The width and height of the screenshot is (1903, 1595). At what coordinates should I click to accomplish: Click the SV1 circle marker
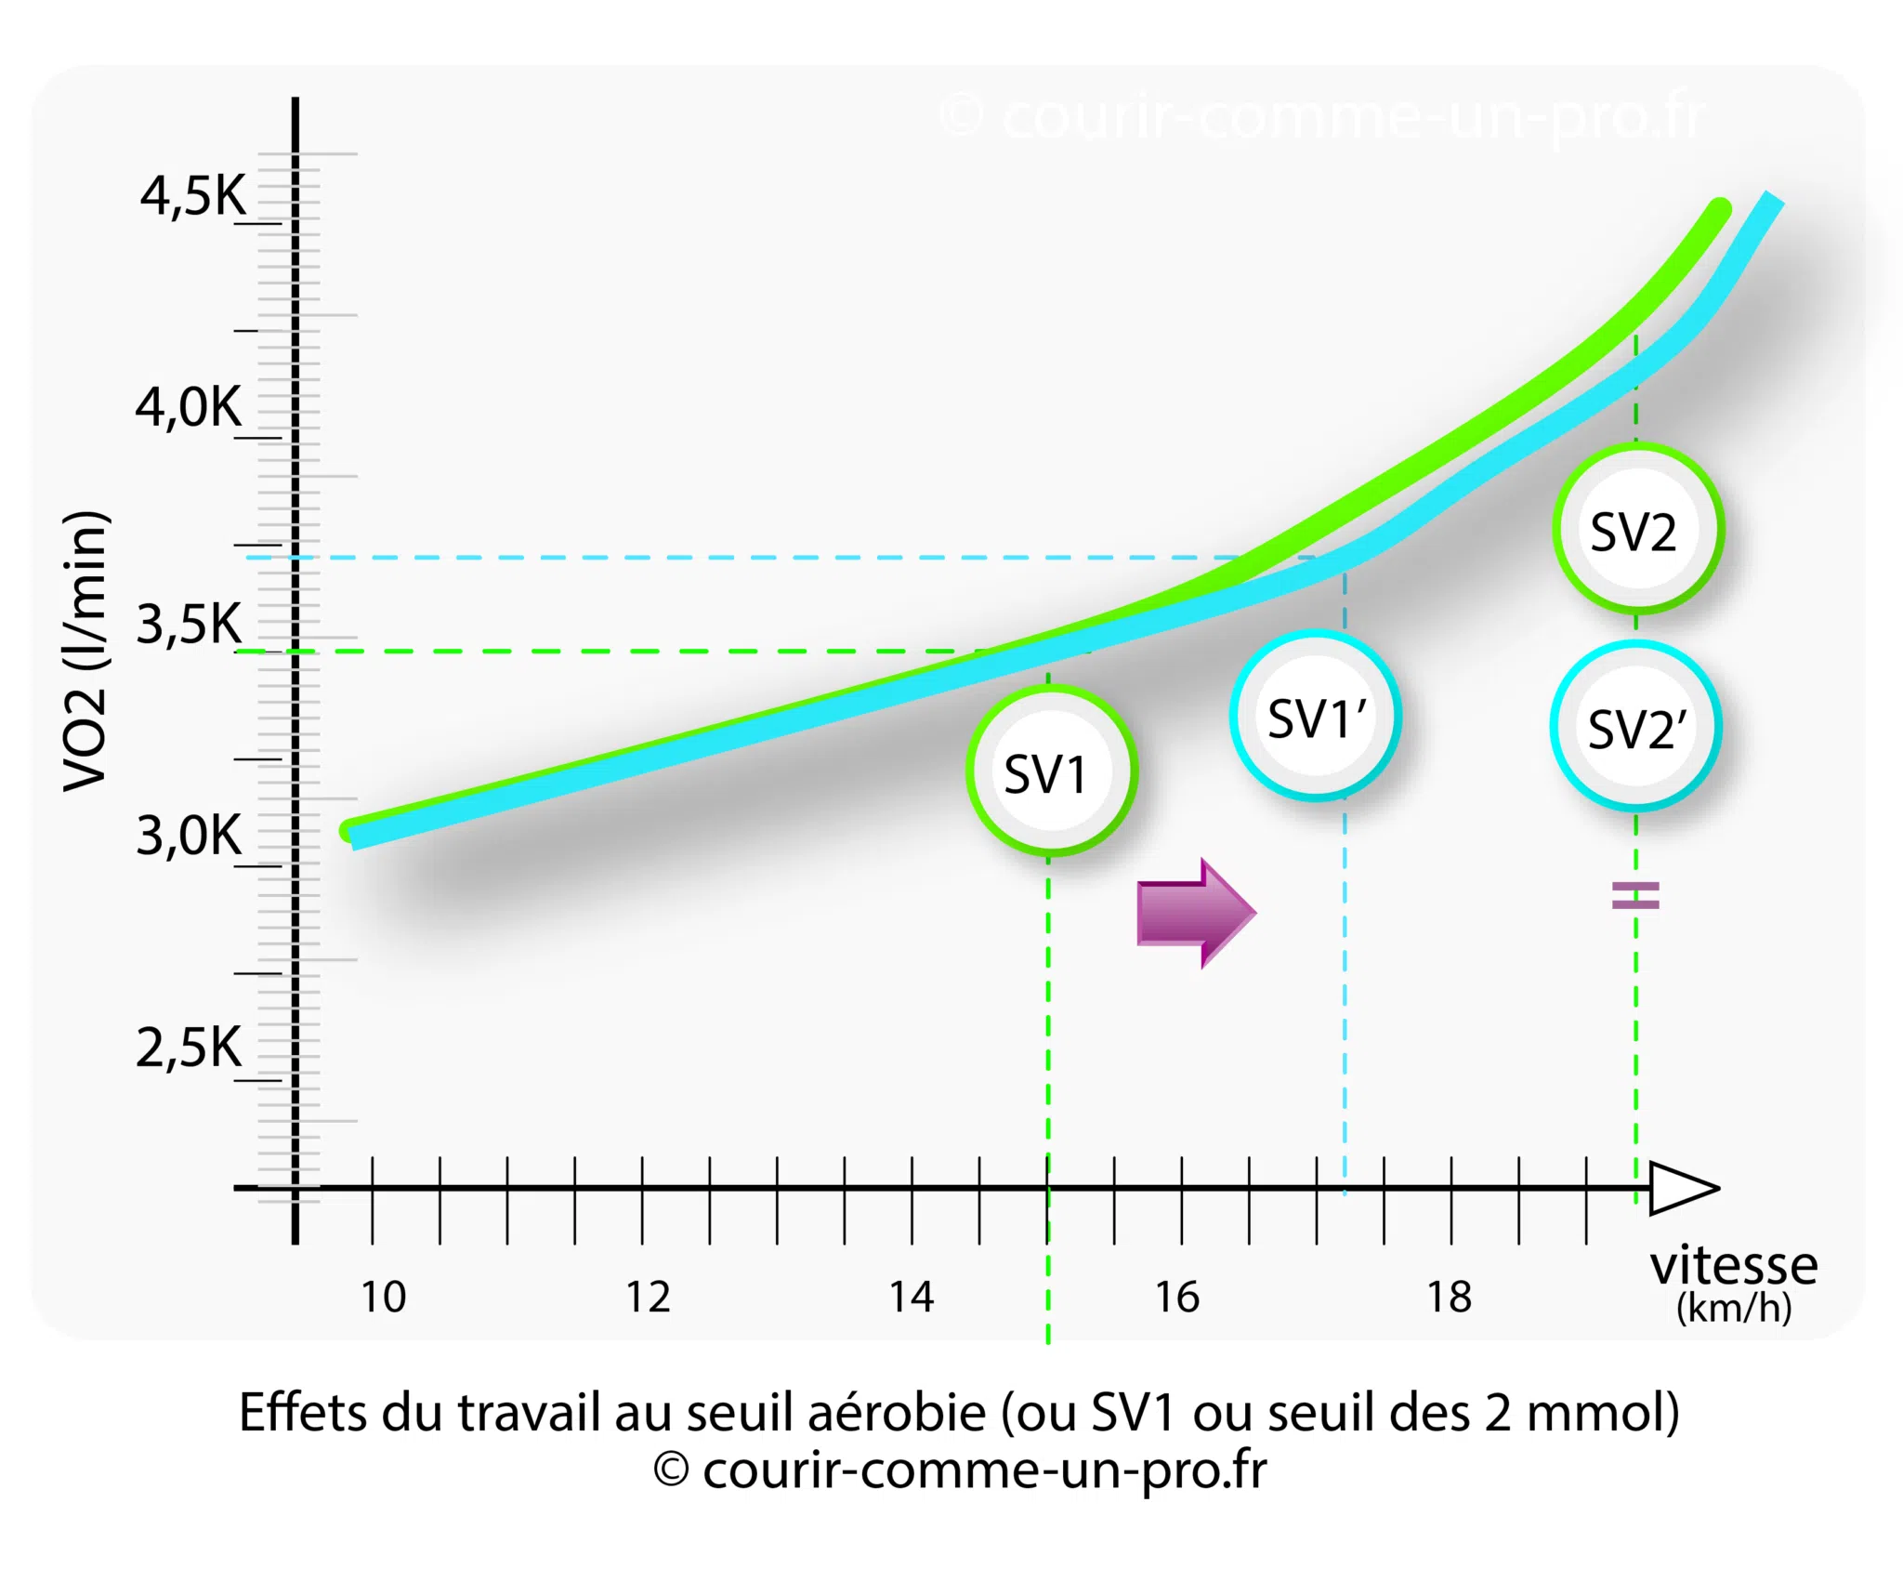coord(1051,771)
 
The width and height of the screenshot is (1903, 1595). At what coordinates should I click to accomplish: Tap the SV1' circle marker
coord(1316,716)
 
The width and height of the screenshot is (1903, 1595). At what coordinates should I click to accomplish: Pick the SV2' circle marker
coord(1635,726)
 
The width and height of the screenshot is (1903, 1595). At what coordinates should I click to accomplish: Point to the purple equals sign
coord(1635,895)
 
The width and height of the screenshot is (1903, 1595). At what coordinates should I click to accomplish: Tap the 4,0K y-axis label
coord(189,407)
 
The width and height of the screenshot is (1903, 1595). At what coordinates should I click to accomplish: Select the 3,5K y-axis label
coord(189,623)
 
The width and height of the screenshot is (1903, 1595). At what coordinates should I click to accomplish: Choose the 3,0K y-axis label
coord(189,835)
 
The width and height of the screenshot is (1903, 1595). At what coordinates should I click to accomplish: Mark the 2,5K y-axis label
coord(189,1048)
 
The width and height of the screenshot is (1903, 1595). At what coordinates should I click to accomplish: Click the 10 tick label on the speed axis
coord(383,1297)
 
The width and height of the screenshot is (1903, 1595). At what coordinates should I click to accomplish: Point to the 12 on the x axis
coord(648,1297)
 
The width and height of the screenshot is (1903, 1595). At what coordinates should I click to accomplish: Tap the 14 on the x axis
coord(912,1297)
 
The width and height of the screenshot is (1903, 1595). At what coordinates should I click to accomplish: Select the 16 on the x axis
coord(1177,1297)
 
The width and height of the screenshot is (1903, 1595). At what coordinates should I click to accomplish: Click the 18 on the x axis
coord(1450,1297)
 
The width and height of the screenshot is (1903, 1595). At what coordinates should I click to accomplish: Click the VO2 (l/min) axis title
coord(85,651)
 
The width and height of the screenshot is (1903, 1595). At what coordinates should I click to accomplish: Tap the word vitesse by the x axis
coord(1734,1265)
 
